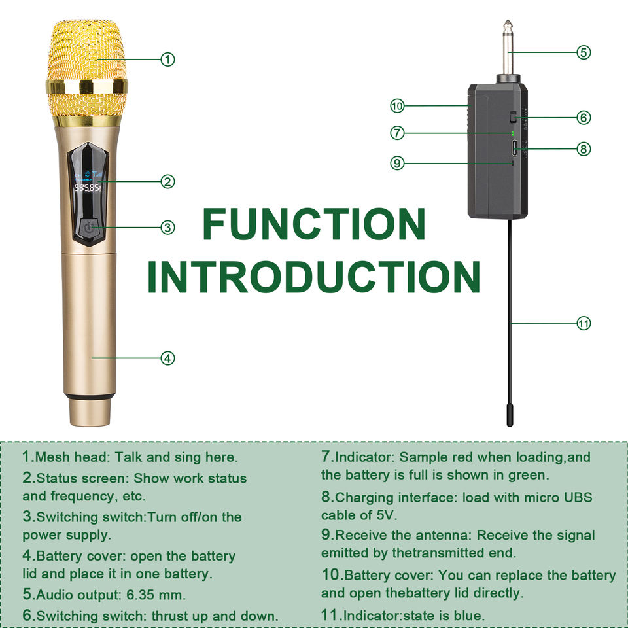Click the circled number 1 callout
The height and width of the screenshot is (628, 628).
coord(168,60)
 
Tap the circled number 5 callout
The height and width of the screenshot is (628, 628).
coord(584,52)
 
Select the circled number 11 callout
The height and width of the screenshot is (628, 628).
coord(584,323)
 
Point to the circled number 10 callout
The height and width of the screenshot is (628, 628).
coord(397,106)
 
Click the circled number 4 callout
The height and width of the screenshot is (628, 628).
coord(168,358)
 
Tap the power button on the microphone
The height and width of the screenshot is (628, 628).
coord(88,228)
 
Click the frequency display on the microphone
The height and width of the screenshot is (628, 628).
coord(88,188)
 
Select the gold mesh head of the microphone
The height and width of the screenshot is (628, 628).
coord(87,72)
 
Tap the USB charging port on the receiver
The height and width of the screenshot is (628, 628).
coord(515,148)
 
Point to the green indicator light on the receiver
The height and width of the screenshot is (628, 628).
coord(512,133)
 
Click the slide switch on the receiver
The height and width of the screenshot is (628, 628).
coord(513,117)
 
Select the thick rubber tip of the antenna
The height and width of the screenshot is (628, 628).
coord(510,415)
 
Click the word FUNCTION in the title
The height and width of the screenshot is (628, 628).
coord(314,224)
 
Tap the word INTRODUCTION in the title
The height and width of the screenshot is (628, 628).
coord(314,277)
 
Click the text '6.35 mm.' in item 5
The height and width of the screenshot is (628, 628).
coord(156,595)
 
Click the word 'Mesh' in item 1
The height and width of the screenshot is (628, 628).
coord(52,457)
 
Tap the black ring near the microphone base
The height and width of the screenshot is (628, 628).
coord(90,396)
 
